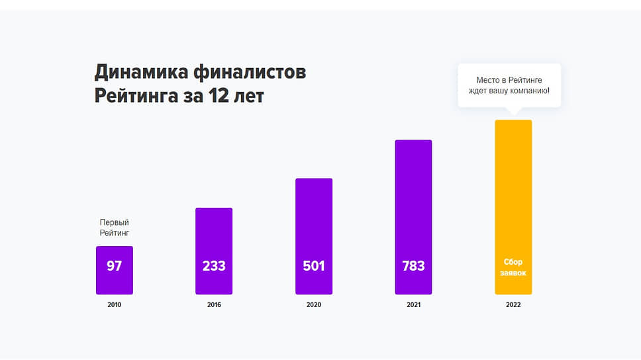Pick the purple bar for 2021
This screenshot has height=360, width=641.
click(413, 199)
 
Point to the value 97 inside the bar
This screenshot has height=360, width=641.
click(114, 266)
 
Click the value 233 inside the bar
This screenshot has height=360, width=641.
click(214, 266)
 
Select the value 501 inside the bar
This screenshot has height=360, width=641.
click(314, 266)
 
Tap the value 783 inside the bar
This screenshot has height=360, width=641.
click(413, 266)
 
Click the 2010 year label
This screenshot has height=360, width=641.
click(114, 305)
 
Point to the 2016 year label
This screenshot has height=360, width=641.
click(214, 305)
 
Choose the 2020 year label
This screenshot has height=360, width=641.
click(314, 305)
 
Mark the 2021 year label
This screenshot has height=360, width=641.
click(413, 305)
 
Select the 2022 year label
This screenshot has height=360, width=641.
click(513, 305)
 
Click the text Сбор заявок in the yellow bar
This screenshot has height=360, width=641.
click(513, 267)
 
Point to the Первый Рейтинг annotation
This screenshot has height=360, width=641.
click(114, 228)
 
